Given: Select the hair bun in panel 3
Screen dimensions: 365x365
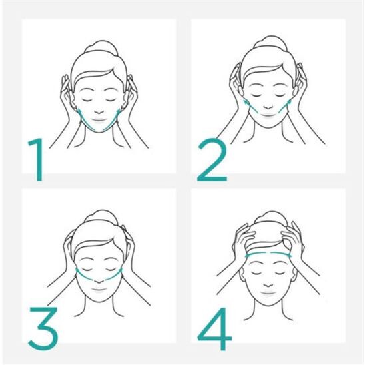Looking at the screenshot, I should coord(99,220).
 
